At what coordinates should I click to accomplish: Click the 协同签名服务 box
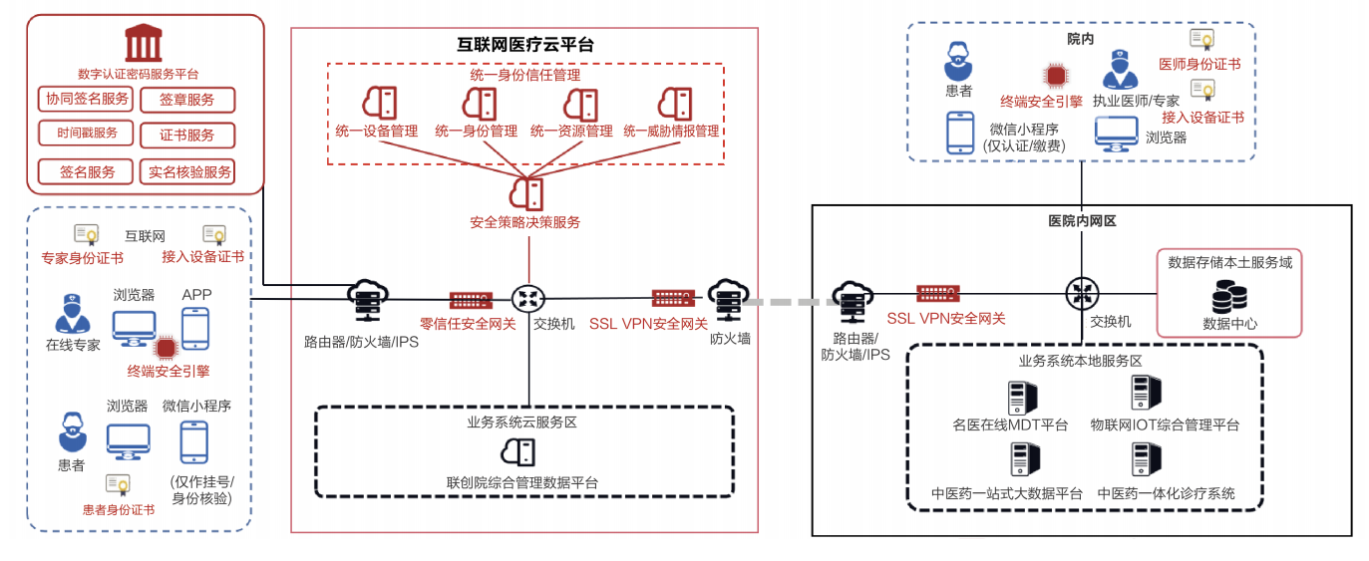tap(87, 99)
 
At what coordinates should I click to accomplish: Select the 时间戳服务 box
tap(87, 133)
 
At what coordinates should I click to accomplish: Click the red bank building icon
tap(144, 44)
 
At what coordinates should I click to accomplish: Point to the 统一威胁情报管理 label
tap(671, 131)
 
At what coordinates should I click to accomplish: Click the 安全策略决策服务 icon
tap(525, 190)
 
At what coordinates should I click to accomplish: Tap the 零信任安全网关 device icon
tap(469, 299)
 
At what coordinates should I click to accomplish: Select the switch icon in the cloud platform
tap(527, 298)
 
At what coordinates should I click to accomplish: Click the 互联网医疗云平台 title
tap(524, 44)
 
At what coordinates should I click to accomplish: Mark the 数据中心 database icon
tap(1228, 296)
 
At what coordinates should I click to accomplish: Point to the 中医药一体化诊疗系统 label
tap(1166, 493)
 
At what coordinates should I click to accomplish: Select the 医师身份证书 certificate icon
tap(1201, 41)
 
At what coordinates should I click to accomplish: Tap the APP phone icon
tap(195, 327)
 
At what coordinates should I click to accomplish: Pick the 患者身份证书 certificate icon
tap(119, 485)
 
